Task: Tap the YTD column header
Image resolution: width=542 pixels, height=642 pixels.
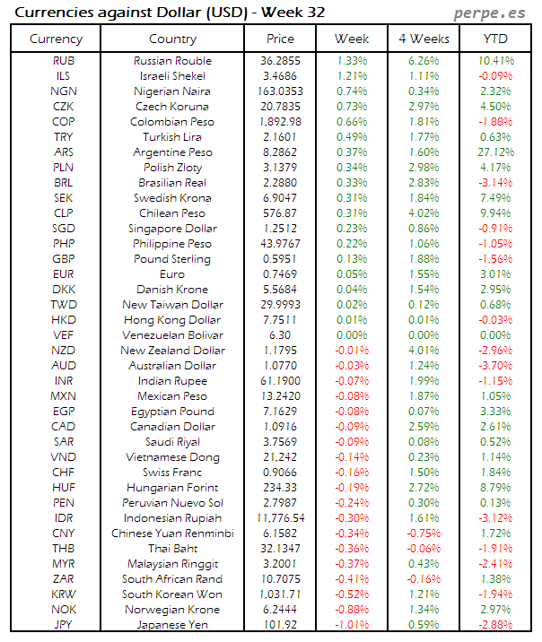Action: tap(495, 39)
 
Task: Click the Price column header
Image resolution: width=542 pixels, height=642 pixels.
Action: tap(280, 39)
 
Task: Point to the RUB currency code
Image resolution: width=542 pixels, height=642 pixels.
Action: tap(63, 61)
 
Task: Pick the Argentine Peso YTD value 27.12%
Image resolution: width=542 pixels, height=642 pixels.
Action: tap(495, 152)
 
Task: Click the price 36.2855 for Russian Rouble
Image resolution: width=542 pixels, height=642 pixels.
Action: tap(280, 61)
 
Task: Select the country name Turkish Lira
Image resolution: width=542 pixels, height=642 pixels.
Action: tap(172, 137)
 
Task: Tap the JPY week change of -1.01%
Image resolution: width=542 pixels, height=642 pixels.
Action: tap(352, 625)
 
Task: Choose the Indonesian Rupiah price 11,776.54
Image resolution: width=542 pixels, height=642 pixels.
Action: tap(280, 518)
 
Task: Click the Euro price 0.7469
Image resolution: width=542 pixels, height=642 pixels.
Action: tap(280, 274)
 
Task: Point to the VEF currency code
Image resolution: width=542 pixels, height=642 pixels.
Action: tap(63, 335)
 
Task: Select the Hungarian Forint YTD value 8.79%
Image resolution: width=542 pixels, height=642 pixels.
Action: tap(495, 488)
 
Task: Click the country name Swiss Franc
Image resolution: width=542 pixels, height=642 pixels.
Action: tap(172, 473)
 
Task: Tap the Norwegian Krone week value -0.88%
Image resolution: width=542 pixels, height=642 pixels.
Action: tap(352, 610)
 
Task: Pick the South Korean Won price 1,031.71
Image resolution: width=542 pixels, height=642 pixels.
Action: tap(280, 594)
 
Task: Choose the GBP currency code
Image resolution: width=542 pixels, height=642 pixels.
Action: tap(63, 259)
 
